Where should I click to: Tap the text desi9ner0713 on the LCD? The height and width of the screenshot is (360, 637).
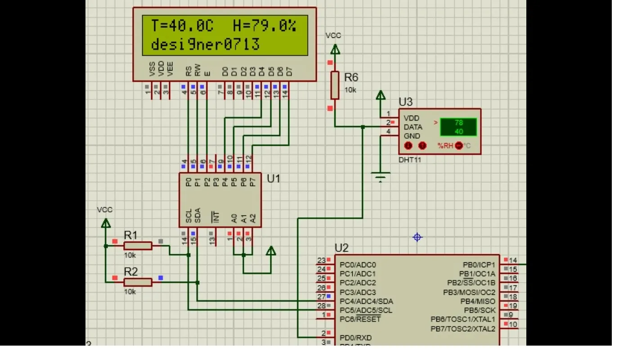point(205,45)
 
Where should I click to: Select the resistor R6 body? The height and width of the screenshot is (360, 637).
point(335,85)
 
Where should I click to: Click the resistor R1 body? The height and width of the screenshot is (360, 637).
point(138,245)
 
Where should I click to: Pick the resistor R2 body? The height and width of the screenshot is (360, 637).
point(138,282)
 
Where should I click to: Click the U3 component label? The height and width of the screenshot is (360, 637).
point(405,102)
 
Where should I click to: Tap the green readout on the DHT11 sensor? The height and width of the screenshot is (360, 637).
point(458,127)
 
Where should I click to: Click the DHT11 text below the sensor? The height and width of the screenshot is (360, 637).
point(410,160)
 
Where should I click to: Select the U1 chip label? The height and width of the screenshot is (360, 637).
point(274,179)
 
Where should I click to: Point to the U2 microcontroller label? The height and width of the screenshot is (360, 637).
point(341,248)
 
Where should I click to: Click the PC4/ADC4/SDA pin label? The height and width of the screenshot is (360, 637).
point(366,301)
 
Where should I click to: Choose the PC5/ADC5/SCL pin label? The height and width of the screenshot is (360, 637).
point(366,310)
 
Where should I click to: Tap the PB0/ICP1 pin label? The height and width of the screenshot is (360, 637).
point(479,265)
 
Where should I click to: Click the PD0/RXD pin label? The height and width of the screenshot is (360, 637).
point(356,337)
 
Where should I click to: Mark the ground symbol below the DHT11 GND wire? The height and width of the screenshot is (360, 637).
point(381,177)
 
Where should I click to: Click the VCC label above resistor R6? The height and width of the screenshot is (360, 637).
point(333,36)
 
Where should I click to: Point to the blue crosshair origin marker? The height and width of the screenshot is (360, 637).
point(417,237)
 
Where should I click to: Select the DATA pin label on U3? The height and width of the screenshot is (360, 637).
point(413,127)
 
